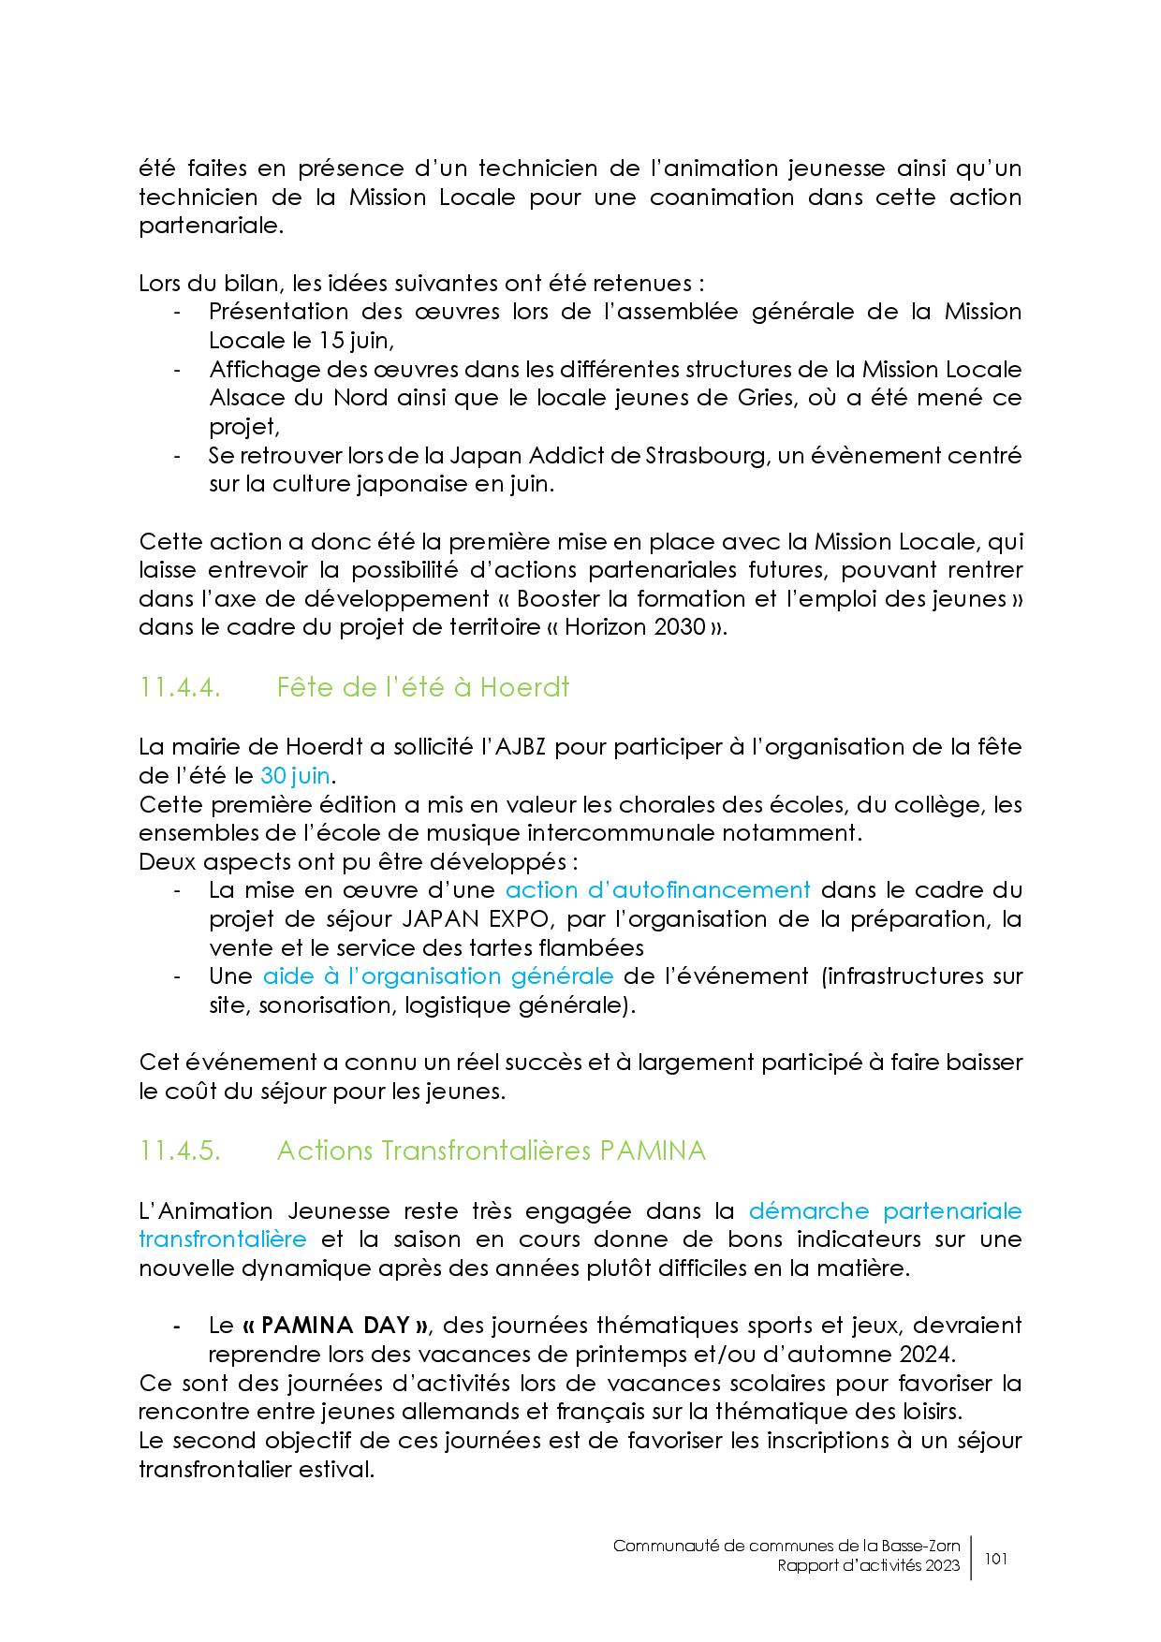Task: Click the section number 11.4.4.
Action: coord(180,688)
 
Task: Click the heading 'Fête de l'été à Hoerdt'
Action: coord(422,688)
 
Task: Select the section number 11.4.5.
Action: coord(180,1151)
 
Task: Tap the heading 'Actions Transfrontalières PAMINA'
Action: coord(491,1151)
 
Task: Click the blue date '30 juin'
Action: coord(295,776)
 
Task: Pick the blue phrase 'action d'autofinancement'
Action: coord(657,890)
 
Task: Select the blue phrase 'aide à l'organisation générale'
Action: coord(437,976)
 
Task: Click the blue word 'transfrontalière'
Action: coord(222,1239)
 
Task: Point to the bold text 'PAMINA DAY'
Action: coord(335,1326)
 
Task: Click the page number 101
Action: coord(996,1559)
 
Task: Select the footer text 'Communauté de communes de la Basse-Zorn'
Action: coord(786,1546)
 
